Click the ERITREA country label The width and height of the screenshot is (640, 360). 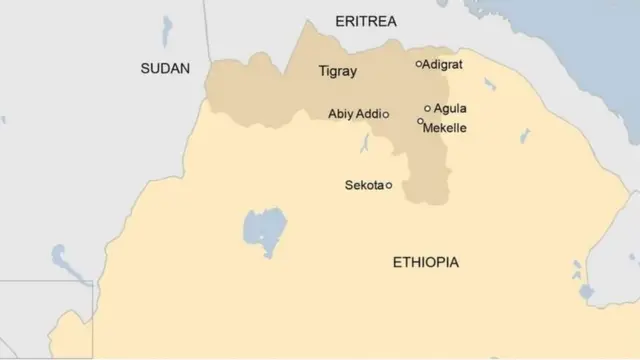pyautogui.click(x=367, y=21)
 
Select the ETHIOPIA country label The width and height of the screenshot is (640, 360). pyautogui.click(x=426, y=262)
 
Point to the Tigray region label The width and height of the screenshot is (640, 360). pyautogui.click(x=336, y=72)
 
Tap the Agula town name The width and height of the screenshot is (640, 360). pyautogui.click(x=450, y=108)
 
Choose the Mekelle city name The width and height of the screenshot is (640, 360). pyautogui.click(x=446, y=128)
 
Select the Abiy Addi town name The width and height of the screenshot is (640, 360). pyautogui.click(x=354, y=114)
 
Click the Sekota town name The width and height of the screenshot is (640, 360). pyautogui.click(x=364, y=185)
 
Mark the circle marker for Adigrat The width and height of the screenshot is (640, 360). pyautogui.click(x=419, y=64)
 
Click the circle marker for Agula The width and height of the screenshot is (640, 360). pyautogui.click(x=428, y=108)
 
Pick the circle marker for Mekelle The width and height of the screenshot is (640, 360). pyautogui.click(x=420, y=121)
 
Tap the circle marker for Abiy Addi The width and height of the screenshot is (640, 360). pyautogui.click(x=386, y=114)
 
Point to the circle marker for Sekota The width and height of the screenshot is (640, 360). pyautogui.click(x=389, y=185)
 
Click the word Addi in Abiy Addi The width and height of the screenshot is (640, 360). pyautogui.click(x=369, y=114)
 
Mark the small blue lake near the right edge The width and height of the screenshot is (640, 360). pyautogui.click(x=578, y=270)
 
